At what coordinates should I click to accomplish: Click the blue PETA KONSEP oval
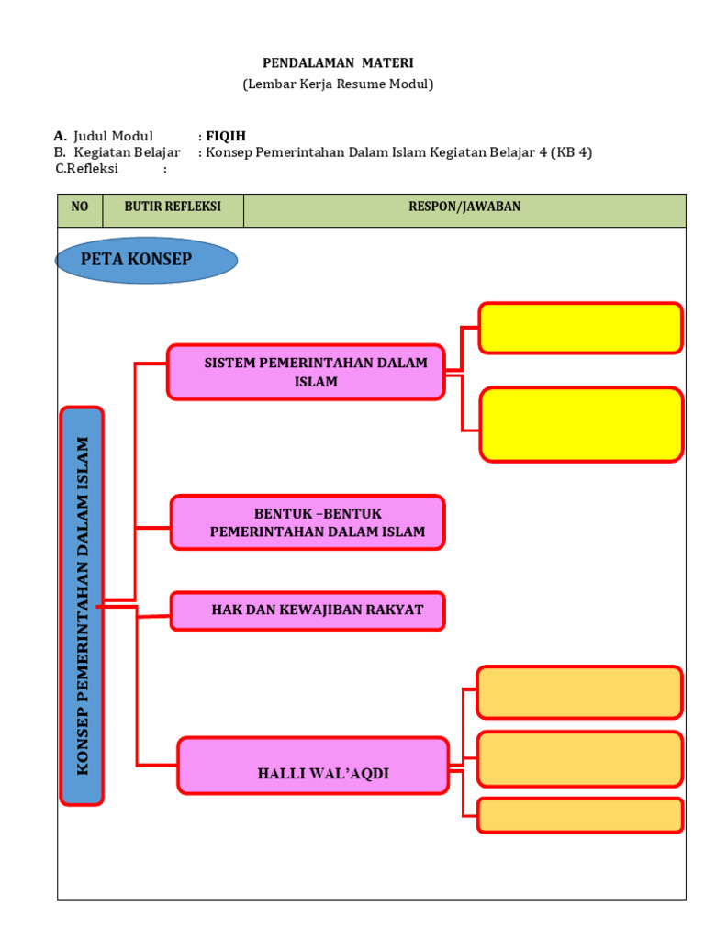click(146, 260)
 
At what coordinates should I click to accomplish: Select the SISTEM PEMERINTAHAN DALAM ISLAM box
click(306, 372)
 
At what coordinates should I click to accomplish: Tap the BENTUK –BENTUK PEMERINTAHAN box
click(308, 522)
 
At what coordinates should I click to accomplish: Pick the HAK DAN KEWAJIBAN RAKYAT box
click(308, 610)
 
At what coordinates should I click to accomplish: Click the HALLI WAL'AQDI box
click(313, 765)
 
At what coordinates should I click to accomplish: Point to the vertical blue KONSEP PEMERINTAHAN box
click(82, 606)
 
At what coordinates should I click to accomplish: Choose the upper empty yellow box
click(580, 328)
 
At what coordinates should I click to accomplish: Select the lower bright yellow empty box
click(581, 424)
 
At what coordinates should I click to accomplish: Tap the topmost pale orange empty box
click(579, 692)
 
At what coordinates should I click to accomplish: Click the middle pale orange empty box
click(580, 759)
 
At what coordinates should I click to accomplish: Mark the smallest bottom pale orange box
click(580, 815)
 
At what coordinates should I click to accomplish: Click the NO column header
click(80, 207)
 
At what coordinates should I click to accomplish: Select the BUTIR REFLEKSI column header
click(173, 207)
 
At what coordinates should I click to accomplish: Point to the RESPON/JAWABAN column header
click(464, 207)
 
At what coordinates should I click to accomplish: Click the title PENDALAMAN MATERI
click(338, 63)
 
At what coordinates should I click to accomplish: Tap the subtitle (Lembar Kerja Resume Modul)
click(338, 84)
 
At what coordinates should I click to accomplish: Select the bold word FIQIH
click(226, 136)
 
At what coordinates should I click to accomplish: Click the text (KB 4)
click(571, 152)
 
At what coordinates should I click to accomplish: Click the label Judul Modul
click(114, 136)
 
